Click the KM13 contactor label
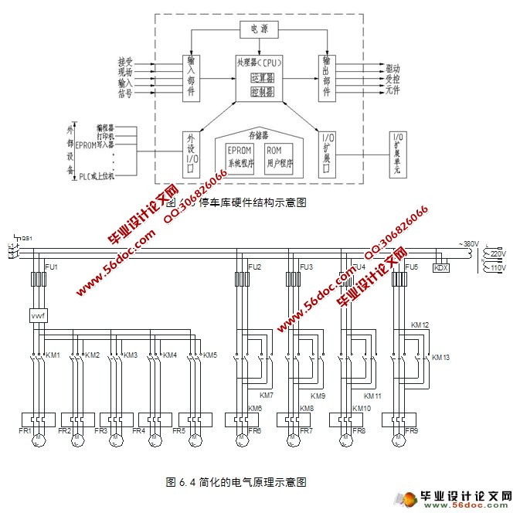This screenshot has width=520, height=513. pos(440,358)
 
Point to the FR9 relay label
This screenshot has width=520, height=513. pos(412,431)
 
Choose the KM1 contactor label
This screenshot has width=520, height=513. pos(53,355)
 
